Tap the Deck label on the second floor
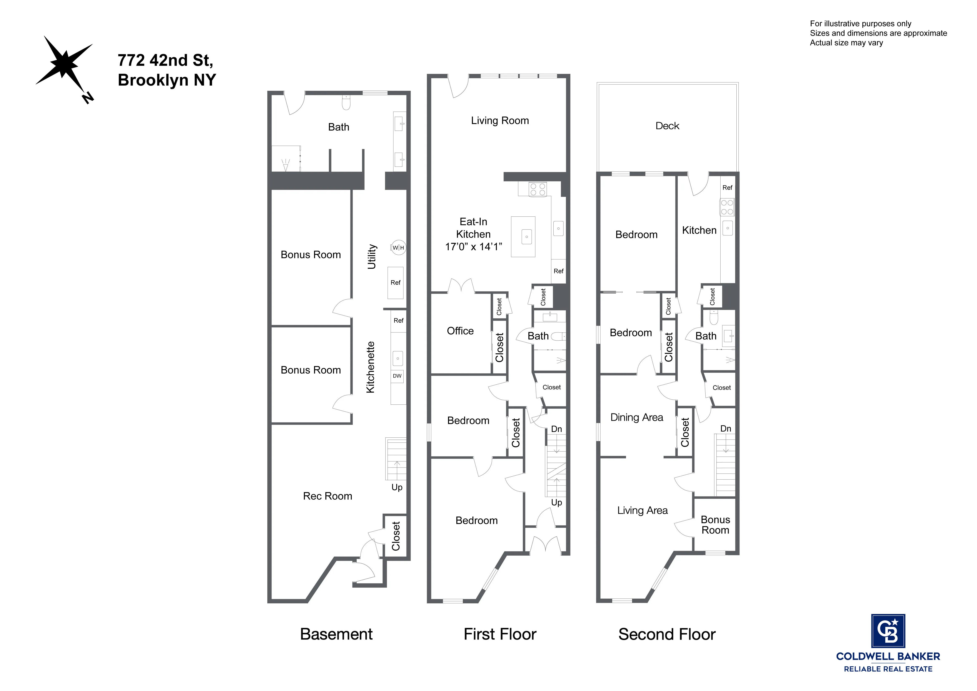coord(667,126)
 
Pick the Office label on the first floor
coord(460,331)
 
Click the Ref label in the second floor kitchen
coord(727,188)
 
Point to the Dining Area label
coord(637,417)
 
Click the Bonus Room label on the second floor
coord(715,525)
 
